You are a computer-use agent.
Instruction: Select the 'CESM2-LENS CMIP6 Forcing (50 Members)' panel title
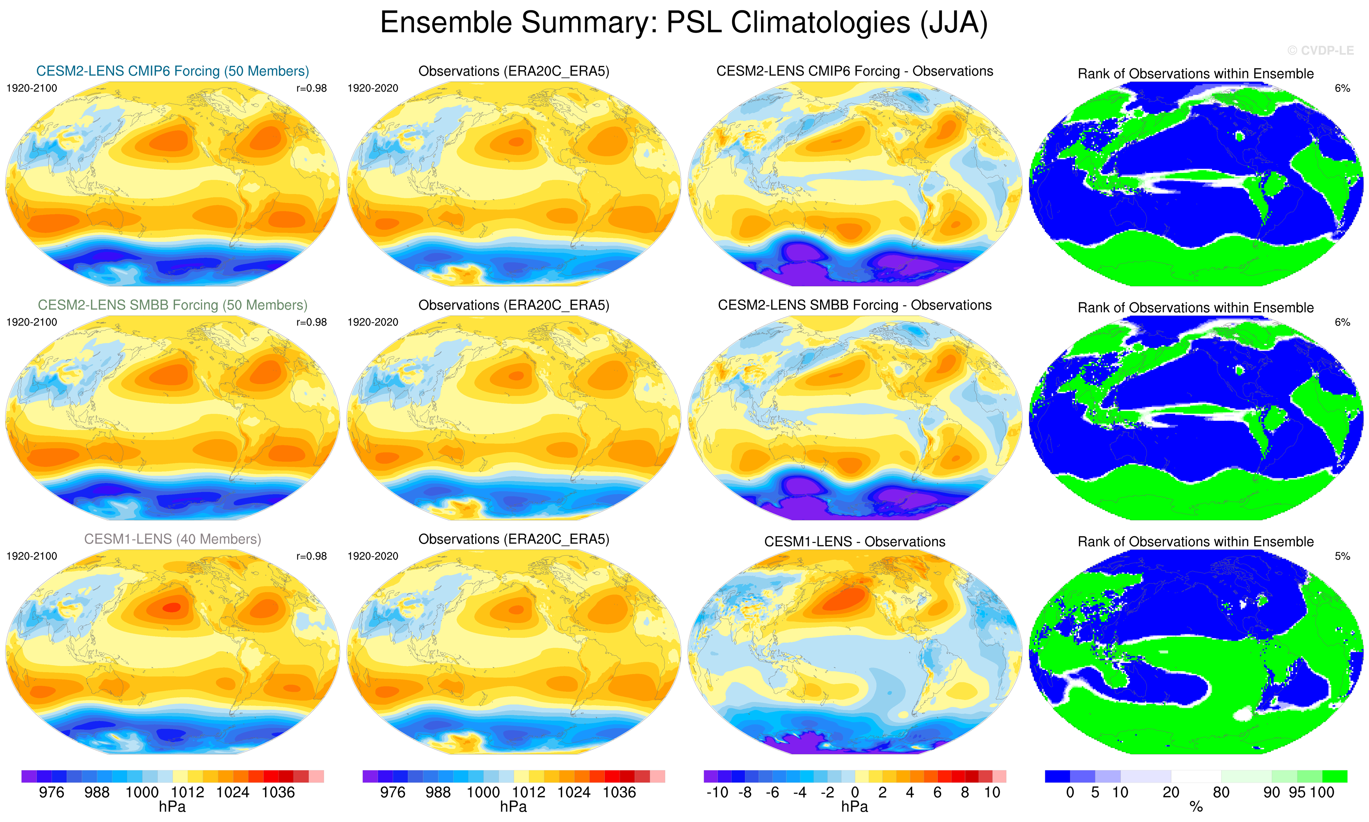(x=172, y=71)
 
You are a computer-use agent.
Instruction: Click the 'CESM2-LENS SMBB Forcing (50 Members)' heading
(x=172, y=305)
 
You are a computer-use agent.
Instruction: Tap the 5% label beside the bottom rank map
(x=1342, y=556)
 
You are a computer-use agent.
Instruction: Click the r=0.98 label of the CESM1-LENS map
(x=312, y=556)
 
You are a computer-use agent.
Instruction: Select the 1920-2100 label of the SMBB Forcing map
(x=32, y=322)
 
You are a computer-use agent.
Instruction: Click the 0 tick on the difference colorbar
(x=855, y=793)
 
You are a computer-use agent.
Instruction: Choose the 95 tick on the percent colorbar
(x=1297, y=793)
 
